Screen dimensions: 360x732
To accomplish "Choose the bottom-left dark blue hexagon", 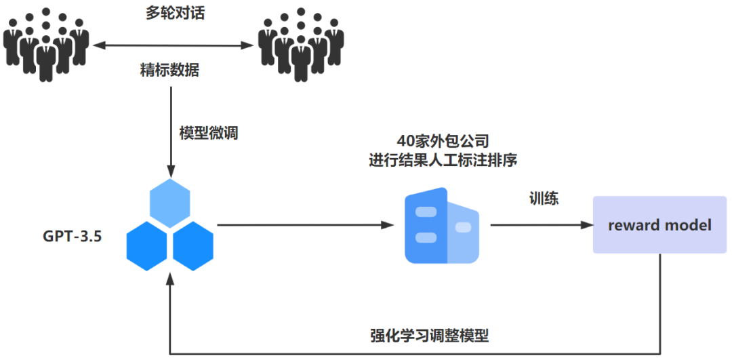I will click(147, 242).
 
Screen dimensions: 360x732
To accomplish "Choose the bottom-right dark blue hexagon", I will click(193, 242).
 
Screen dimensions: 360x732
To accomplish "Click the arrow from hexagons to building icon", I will click(305, 225).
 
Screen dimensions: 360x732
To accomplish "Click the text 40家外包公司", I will click(443, 142).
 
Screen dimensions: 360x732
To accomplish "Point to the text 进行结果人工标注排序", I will click(443, 161).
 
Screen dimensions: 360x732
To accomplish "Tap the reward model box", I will click(659, 225).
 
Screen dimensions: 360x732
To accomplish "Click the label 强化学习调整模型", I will click(429, 336).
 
